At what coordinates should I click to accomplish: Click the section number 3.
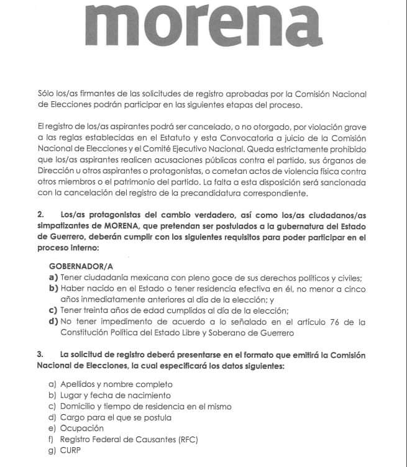tap(40, 354)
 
